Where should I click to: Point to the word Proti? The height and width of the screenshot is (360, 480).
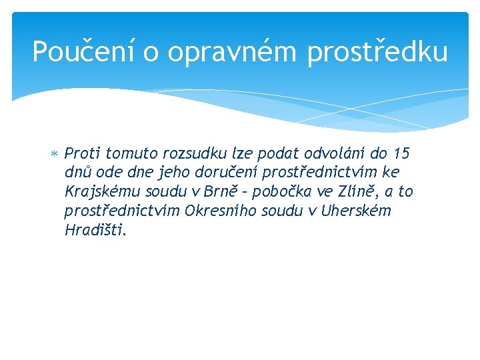coord(82,154)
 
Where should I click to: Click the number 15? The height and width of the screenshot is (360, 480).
coord(401,154)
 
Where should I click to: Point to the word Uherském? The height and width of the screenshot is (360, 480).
coord(355,211)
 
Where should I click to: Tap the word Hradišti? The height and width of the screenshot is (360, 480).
coord(95,231)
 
